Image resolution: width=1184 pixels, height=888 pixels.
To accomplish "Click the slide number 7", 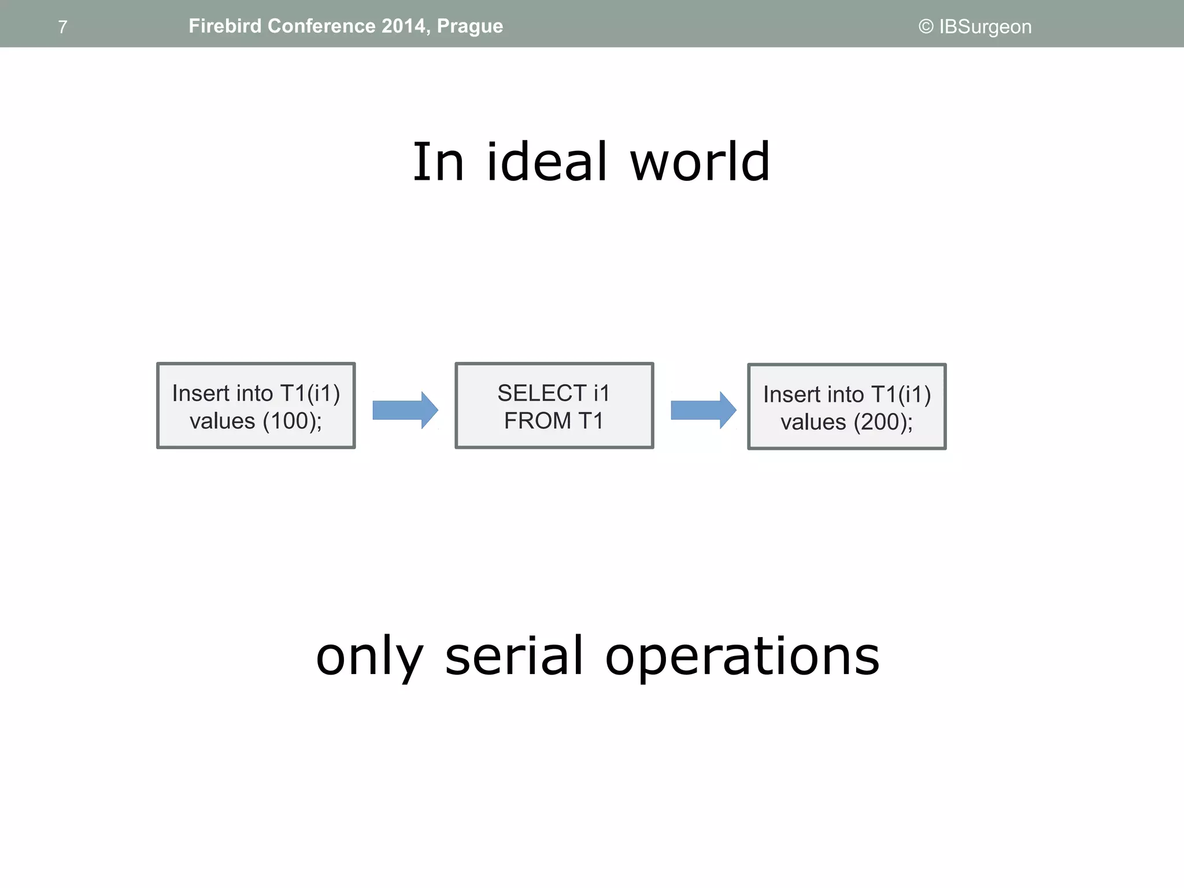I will [x=62, y=27].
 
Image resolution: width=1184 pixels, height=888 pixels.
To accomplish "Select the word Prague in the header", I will [x=470, y=27].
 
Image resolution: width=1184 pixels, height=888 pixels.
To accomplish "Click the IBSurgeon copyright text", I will [x=975, y=27].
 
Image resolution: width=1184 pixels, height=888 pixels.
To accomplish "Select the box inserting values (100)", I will [x=256, y=406].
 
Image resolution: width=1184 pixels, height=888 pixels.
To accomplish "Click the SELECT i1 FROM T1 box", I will [x=554, y=406].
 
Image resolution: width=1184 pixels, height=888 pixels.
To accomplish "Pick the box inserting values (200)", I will [x=846, y=407].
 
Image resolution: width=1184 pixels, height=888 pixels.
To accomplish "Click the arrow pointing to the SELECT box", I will [x=405, y=410].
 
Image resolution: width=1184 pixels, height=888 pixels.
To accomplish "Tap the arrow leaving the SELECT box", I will [x=703, y=410].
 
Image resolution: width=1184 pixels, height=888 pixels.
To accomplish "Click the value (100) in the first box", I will [x=292, y=421].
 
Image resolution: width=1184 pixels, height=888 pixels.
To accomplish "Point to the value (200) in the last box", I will [x=883, y=422].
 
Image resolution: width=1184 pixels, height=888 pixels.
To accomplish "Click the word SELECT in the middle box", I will [x=542, y=393].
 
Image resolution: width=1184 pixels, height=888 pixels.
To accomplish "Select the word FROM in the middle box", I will [x=537, y=421].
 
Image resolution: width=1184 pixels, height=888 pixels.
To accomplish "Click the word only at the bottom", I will [x=369, y=657].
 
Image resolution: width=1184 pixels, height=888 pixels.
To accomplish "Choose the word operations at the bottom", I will [x=742, y=657].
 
